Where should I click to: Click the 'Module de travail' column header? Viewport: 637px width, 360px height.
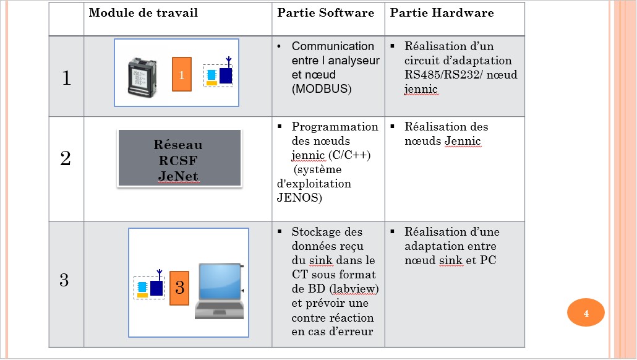coord(143,13)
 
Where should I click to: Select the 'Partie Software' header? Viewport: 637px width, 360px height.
coord(325,13)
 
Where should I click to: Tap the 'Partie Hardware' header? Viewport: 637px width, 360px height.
coord(442,13)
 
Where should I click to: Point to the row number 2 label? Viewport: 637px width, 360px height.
coord(66,159)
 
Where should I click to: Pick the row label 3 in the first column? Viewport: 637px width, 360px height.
coord(64,280)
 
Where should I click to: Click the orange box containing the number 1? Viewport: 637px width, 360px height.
coord(181,74)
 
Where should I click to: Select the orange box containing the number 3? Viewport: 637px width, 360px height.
coord(179,288)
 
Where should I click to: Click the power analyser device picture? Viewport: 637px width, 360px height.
coord(145,75)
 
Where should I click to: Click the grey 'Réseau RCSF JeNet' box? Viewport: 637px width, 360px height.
coord(179,158)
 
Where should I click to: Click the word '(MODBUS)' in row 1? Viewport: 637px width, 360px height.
coord(322,89)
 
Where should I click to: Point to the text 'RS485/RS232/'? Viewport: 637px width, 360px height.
coord(437,75)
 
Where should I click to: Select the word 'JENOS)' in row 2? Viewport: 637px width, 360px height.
coord(299,198)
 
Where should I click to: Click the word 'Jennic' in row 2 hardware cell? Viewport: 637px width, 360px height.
coord(463,142)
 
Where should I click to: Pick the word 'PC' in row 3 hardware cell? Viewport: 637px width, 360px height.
coord(488,260)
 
